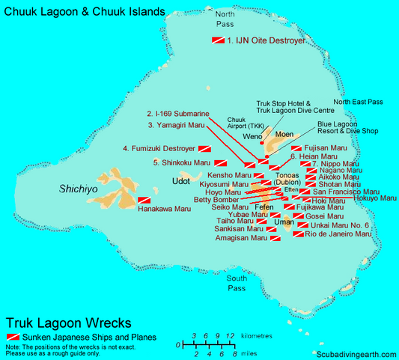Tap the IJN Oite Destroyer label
[266, 41]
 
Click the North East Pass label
[358, 101]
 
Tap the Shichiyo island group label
[79, 190]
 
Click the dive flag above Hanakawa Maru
[143, 201]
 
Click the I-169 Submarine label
[178, 115]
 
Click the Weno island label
[252, 137]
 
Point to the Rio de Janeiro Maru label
[338, 234]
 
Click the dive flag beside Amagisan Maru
[275, 238]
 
